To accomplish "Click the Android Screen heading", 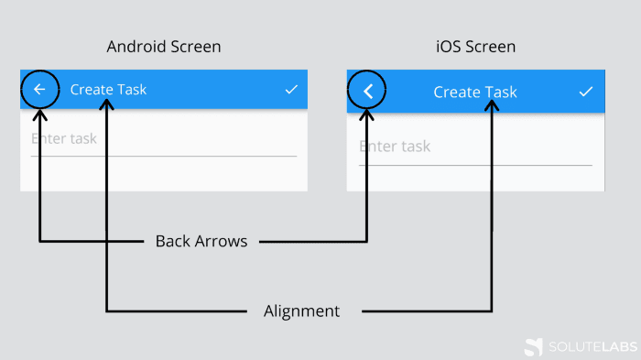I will pos(164,46).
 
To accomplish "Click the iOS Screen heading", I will pos(475,46).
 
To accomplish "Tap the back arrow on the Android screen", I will pos(39,89).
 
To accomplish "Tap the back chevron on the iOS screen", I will pos(368,91).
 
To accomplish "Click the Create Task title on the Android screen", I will pos(108,90).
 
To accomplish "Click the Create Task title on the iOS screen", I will pos(475,92).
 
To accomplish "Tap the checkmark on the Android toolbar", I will pos(291,89).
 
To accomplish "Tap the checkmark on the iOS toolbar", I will pos(586,92).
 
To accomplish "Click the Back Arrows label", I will pos(201,242).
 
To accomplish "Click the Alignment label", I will pos(301,311).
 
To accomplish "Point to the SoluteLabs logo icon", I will pos(533,346).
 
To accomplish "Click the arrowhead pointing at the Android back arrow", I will pos(39,115).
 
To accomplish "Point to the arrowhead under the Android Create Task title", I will pos(107,105).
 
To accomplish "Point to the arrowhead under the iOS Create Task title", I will pos(492,106).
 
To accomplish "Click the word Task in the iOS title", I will pos(501,92).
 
